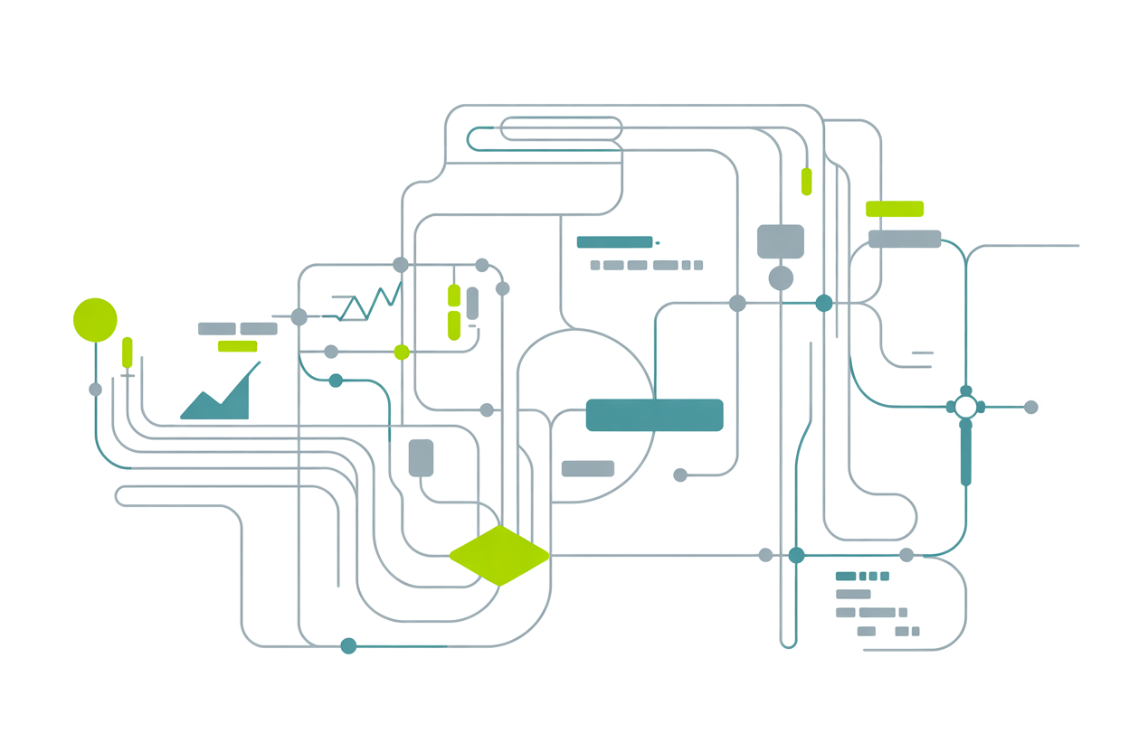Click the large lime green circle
[95, 320]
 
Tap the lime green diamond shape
[499, 556]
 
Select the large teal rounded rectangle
[654, 415]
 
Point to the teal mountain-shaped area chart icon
[217, 398]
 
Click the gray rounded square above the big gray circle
[780, 241]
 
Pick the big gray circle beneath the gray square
[781, 278]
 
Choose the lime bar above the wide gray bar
[895, 209]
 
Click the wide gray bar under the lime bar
[905, 239]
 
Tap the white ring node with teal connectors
[965, 407]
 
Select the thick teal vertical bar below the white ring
[965, 455]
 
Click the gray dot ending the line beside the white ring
[1030, 408]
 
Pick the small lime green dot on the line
[402, 352]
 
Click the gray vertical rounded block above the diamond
[421, 457]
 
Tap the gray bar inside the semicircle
[588, 468]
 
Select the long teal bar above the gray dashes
[614, 242]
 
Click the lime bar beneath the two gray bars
[237, 346]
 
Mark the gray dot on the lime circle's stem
[95, 390]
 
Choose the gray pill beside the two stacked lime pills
[472, 303]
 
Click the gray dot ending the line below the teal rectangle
[680, 475]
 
